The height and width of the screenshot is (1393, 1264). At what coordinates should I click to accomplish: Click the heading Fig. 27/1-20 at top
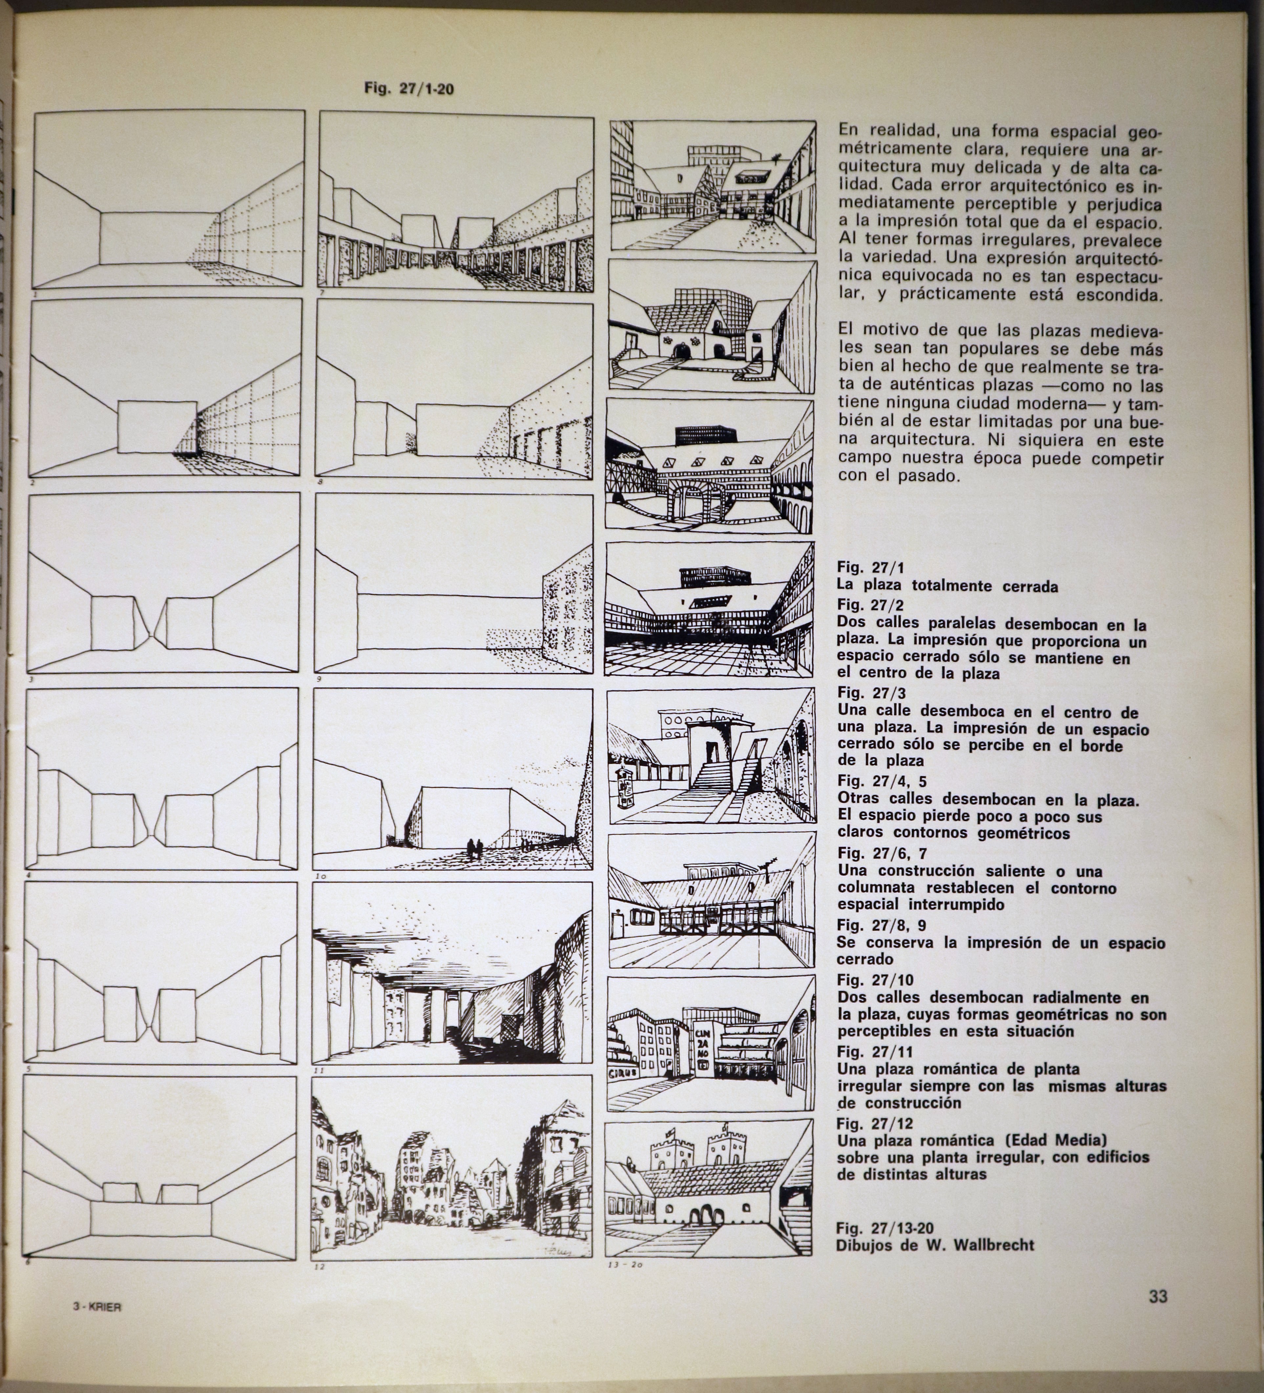(409, 88)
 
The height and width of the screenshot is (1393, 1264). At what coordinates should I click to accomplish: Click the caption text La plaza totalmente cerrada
(947, 587)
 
